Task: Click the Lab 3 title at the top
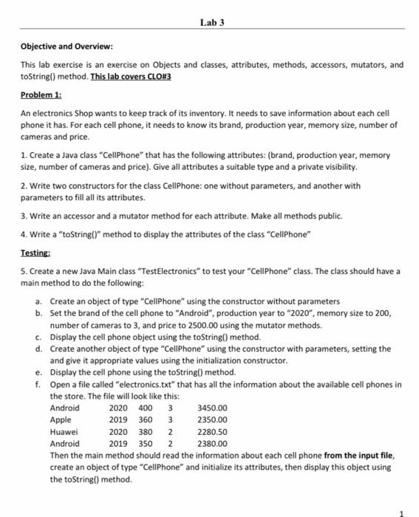point(211,22)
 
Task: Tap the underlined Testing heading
point(34,252)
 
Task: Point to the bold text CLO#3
point(157,75)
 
